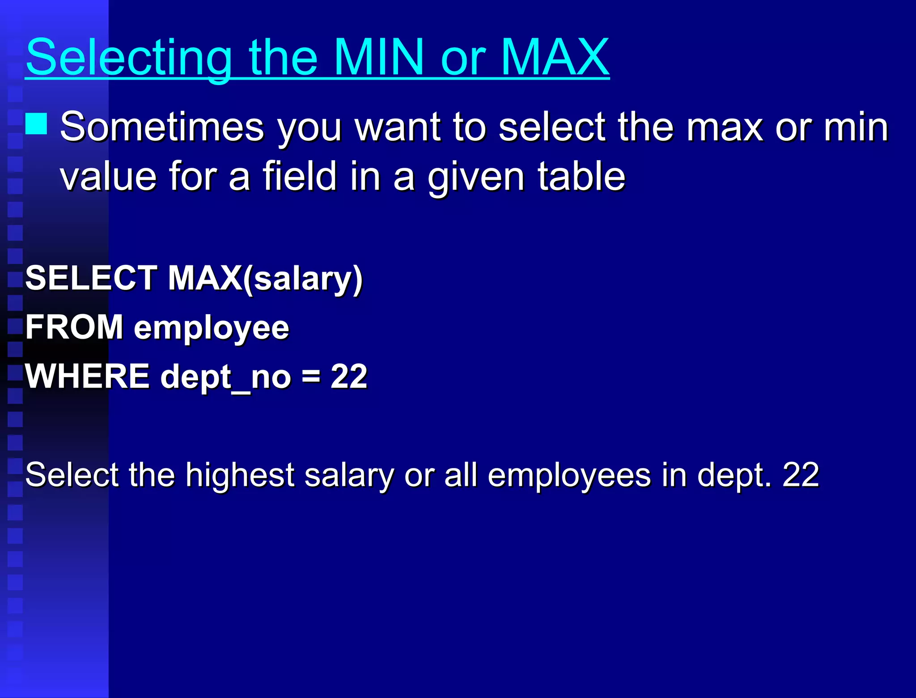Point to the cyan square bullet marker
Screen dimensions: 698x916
(36, 124)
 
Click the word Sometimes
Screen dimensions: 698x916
(162, 127)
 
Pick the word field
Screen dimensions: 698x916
(299, 176)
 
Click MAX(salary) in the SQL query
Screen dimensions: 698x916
(265, 279)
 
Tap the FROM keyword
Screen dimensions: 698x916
(74, 327)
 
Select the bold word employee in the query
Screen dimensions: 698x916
(211, 329)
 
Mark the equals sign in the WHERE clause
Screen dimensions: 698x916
(310, 376)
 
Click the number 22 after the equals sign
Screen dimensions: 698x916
(349, 376)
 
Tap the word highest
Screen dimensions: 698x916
(240, 475)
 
